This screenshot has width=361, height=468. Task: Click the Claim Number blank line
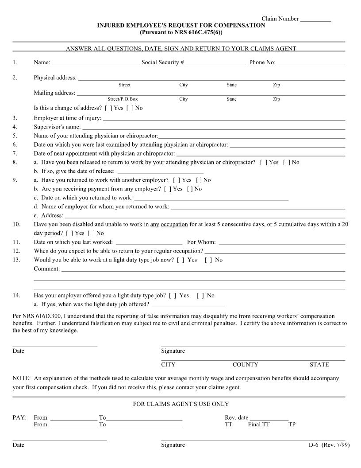(x=315, y=19)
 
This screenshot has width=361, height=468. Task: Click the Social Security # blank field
(x=215, y=63)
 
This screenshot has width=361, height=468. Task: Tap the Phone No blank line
(x=311, y=63)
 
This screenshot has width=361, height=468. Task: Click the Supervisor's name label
(x=57, y=127)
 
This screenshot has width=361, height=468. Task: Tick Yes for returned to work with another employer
(x=174, y=180)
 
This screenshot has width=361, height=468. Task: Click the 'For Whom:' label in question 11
(x=201, y=242)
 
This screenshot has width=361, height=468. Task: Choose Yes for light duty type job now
(x=180, y=260)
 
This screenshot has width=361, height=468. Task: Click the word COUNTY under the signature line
(x=245, y=365)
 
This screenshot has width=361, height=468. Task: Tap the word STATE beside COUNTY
(x=319, y=365)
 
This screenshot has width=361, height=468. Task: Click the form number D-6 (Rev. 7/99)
(x=329, y=445)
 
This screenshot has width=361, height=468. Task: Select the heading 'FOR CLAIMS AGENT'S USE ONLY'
(x=180, y=404)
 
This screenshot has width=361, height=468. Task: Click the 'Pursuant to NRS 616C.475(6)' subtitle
(x=181, y=32)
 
